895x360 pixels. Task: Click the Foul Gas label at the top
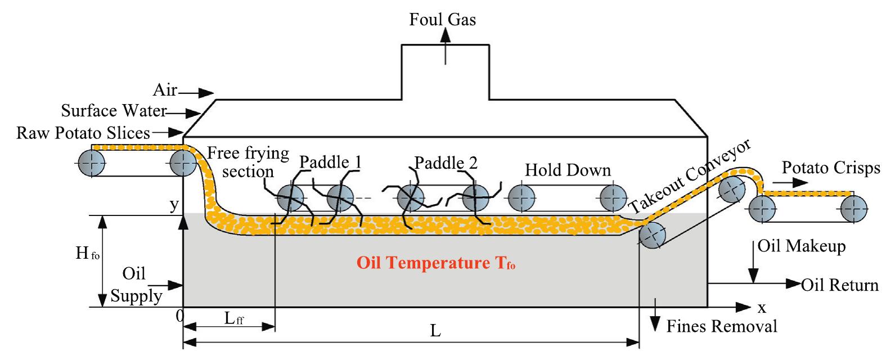click(x=442, y=20)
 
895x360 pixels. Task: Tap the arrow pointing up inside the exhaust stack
click(x=446, y=45)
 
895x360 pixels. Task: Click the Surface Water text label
click(x=114, y=111)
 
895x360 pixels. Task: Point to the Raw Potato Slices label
click(x=83, y=133)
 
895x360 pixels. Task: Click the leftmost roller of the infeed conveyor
click(x=92, y=164)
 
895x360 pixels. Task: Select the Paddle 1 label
click(x=330, y=163)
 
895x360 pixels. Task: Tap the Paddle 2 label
click(x=446, y=163)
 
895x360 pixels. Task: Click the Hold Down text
click(x=568, y=170)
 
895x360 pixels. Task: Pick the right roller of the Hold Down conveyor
click(x=613, y=198)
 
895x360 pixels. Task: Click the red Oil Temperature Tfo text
click(x=435, y=263)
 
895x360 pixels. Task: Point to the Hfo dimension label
click(x=87, y=254)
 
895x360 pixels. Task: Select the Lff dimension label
click(x=233, y=319)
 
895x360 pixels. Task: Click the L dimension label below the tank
click(x=435, y=331)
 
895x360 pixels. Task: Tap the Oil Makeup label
click(x=801, y=246)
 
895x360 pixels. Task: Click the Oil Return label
click(x=839, y=285)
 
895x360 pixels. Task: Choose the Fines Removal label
click(x=722, y=326)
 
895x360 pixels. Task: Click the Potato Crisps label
click(x=831, y=168)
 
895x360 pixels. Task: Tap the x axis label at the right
click(x=762, y=308)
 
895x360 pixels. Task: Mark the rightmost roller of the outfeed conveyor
click(x=853, y=209)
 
